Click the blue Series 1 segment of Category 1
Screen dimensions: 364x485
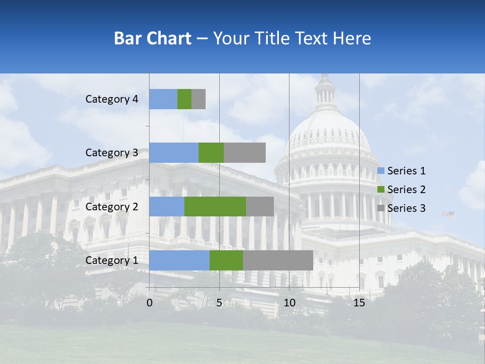179,260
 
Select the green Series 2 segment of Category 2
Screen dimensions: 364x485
215,206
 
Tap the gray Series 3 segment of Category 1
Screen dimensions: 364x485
278,260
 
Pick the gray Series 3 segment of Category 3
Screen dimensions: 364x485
245,153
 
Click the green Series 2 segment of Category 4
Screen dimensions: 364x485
184,99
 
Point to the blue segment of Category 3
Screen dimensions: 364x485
174,153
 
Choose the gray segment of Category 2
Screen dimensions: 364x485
260,206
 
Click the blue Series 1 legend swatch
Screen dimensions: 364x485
381,171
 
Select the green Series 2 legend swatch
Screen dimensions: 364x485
381,190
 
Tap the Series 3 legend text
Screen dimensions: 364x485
406,208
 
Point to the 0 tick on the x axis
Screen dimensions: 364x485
150,303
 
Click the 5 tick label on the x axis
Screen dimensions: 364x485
219,303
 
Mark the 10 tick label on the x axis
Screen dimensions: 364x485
289,303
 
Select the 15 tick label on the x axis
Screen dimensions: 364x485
359,303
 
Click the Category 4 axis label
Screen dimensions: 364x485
112,99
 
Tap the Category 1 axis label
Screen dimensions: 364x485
112,260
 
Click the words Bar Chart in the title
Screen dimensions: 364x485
153,38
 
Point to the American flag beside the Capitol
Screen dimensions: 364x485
448,215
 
